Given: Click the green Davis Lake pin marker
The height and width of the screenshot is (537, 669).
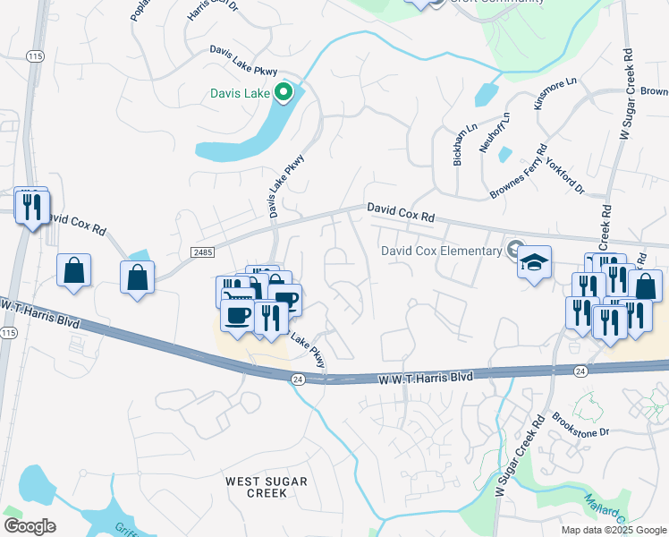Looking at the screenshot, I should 284,91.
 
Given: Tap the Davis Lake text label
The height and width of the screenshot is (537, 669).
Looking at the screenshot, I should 241,92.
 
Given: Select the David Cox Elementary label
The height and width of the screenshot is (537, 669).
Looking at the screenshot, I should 441,251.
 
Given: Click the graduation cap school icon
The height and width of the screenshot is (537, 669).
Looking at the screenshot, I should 534,263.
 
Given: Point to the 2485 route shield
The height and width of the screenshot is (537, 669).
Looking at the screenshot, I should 202,255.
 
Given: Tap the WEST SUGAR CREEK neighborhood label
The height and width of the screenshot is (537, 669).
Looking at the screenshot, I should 267,488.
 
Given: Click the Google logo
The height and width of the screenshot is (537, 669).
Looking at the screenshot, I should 30,525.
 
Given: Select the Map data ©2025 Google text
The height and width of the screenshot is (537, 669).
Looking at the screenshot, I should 614,530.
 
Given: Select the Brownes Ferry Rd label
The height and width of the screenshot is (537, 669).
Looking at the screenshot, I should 518,173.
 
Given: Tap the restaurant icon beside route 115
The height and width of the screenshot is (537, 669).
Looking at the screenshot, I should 32,208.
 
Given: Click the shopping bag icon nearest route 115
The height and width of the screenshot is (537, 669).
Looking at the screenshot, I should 73,270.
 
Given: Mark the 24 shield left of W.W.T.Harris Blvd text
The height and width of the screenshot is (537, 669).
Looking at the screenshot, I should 297,379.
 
